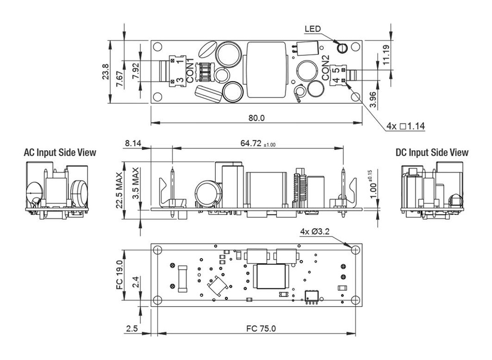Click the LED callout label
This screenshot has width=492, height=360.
(x=312, y=29)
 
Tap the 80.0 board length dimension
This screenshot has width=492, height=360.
(x=257, y=118)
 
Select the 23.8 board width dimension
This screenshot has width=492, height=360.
(x=106, y=71)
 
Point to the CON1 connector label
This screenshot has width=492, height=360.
(x=190, y=70)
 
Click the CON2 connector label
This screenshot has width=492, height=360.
(x=325, y=68)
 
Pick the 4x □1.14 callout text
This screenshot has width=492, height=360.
(x=406, y=126)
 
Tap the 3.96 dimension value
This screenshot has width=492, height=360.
(x=373, y=99)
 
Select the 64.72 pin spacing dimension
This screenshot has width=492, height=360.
(x=258, y=143)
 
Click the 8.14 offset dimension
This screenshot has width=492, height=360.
(x=133, y=143)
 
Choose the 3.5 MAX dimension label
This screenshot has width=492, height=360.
(x=135, y=183)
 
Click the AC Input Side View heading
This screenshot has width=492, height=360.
(x=60, y=152)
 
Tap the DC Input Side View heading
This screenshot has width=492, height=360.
(x=432, y=152)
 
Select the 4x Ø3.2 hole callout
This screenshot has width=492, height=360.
(x=315, y=232)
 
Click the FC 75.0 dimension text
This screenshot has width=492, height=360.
(x=261, y=329)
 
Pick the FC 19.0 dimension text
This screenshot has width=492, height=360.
(x=119, y=275)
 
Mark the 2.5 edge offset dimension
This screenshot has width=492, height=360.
(x=132, y=329)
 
